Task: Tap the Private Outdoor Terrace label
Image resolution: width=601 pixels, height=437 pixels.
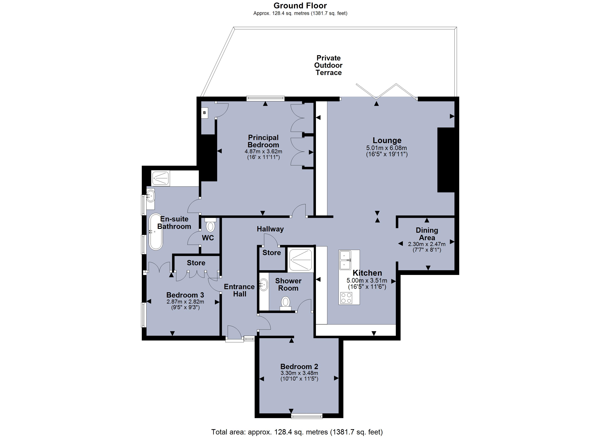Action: (x=328, y=65)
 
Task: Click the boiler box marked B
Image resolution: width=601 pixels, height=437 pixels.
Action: (x=204, y=113)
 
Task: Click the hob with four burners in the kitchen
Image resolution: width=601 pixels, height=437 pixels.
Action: (x=346, y=298)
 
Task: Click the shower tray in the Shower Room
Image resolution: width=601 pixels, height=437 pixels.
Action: (x=300, y=260)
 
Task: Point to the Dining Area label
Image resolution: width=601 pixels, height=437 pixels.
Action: (x=427, y=234)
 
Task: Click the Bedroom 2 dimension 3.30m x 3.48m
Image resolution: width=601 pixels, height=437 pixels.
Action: (x=299, y=373)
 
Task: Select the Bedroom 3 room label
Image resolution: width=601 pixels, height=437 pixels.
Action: (x=185, y=295)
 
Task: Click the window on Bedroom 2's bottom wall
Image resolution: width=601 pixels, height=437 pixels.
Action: (x=307, y=417)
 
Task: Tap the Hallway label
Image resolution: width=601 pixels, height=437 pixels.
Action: (x=270, y=229)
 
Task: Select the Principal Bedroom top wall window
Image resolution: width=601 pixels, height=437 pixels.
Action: (x=265, y=99)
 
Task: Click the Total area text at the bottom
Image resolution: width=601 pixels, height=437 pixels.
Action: (x=297, y=432)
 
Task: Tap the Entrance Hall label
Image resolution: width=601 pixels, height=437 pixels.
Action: (x=239, y=290)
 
